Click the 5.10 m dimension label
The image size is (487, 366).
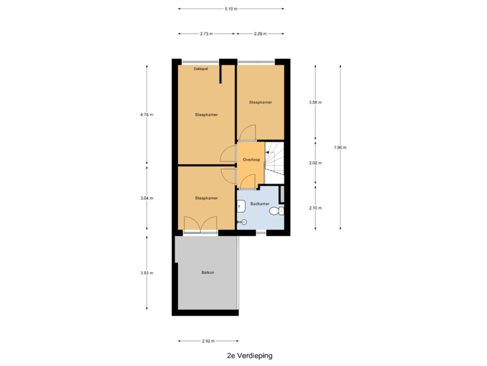pos(231,9)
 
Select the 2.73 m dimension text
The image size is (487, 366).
pos(206,34)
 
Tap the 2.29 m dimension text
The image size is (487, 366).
pos(260,34)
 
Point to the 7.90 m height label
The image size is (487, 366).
pos(340,148)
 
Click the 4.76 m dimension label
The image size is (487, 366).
pos(147,115)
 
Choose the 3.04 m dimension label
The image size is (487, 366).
pos(147,198)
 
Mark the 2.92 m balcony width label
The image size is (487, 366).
pos(208,341)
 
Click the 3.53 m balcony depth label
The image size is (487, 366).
pos(147,273)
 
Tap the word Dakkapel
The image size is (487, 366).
pos(201,68)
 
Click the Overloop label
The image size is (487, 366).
pos(251,160)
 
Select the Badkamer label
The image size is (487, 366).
pos(260,204)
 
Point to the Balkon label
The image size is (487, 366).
pos(208,272)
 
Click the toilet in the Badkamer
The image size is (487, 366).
pos(277,211)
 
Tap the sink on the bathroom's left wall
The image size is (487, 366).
pos(240,206)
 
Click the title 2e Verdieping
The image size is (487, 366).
pos(250,355)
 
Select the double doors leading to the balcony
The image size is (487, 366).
pos(200,224)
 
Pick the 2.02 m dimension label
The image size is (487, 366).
pos(316,163)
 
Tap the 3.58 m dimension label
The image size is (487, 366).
pos(316,102)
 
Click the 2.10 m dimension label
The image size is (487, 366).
pos(316,208)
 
